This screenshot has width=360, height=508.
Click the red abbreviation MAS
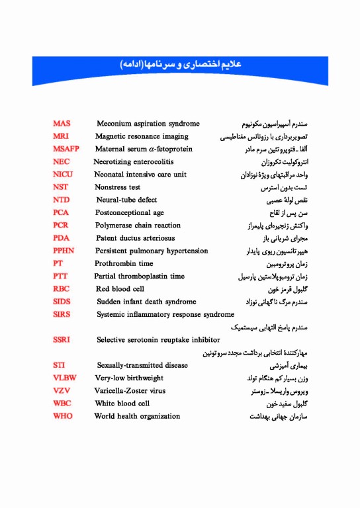point(62,124)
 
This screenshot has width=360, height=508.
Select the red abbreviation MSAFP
point(66,149)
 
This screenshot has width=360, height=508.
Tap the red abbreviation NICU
point(64,175)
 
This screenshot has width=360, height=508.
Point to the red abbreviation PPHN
point(64,251)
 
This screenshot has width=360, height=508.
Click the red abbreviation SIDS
point(62,302)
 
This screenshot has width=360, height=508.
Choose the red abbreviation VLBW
point(65,378)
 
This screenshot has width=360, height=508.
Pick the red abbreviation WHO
point(63,416)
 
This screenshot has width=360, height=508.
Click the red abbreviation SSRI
point(62,339)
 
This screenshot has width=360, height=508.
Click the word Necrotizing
point(114,161)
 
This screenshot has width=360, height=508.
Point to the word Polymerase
point(115,226)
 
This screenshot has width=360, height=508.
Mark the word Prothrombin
point(115,263)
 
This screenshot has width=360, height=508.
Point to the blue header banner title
point(180,65)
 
